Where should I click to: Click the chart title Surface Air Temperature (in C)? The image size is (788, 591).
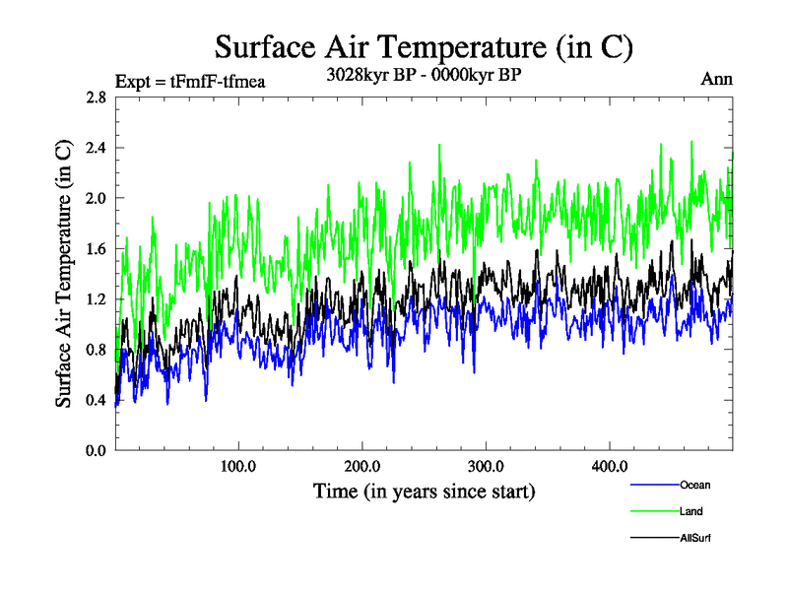click(x=424, y=46)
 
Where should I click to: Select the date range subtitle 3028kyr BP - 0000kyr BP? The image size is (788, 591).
click(x=424, y=74)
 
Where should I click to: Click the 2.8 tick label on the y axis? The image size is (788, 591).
click(x=95, y=98)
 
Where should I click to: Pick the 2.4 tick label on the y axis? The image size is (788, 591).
click(x=95, y=148)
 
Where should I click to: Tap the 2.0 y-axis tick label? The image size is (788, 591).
click(x=95, y=198)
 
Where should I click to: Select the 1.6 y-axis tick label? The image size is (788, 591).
click(x=95, y=249)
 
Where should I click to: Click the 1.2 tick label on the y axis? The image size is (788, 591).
click(x=95, y=299)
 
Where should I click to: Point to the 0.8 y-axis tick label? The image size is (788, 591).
click(x=95, y=350)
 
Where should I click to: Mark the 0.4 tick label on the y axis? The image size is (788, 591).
click(x=95, y=401)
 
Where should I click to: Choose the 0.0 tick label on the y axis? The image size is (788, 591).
click(x=95, y=451)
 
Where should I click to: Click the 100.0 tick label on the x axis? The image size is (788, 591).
click(x=238, y=465)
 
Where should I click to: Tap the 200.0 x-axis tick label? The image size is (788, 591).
click(x=362, y=465)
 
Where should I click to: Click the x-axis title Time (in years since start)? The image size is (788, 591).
click(x=424, y=490)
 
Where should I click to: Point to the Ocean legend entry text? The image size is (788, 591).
click(x=695, y=485)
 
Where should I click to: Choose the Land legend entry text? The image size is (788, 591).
click(x=691, y=511)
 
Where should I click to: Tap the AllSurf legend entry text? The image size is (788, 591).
click(x=695, y=537)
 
